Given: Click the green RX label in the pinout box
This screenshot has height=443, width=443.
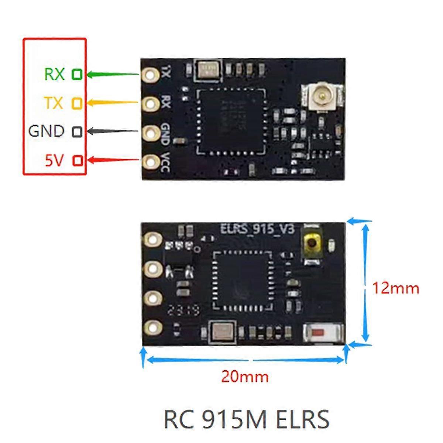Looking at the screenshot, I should pyautogui.click(x=54, y=74).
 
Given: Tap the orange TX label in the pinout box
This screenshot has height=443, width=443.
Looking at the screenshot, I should pyautogui.click(x=54, y=103).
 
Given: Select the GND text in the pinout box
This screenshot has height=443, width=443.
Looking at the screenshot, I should pyautogui.click(x=46, y=131).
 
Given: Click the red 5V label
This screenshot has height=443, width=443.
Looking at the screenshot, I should pyautogui.click(x=54, y=161).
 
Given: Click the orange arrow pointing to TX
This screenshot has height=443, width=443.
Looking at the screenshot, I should pyautogui.click(x=113, y=103).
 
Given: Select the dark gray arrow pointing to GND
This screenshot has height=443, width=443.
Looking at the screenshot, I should pyautogui.click(x=113, y=131).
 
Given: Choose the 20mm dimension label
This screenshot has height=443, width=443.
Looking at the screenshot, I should pyautogui.click(x=245, y=377).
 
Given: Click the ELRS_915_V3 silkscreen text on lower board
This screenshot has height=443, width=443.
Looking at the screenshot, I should pyautogui.click(x=257, y=229).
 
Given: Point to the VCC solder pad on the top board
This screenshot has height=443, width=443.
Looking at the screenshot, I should pyautogui.click(x=150, y=161).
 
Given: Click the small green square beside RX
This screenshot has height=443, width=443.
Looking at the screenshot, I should pyautogui.click(x=77, y=74).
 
